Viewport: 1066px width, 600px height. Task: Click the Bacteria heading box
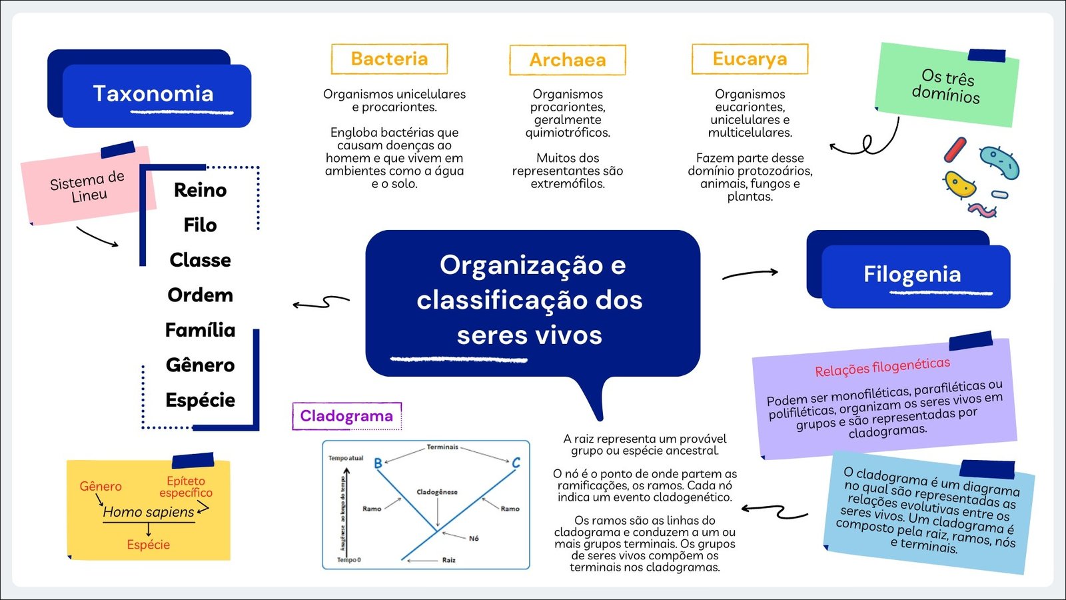point(389,59)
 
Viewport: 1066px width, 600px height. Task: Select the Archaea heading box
point(568,60)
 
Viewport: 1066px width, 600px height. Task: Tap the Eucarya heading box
point(750,59)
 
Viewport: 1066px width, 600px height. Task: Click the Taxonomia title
point(153,94)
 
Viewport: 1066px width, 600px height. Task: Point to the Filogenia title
point(912,274)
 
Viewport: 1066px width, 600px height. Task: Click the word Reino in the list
point(200,190)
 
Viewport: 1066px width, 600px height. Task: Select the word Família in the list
point(200,330)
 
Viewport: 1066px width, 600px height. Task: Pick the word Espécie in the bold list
point(200,400)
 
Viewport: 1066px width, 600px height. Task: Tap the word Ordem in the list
point(200,295)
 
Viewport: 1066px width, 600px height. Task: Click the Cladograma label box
point(346,416)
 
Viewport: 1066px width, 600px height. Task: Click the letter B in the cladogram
point(378,463)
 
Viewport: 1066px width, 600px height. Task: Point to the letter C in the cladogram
point(516,462)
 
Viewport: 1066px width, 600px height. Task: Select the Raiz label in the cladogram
point(448,560)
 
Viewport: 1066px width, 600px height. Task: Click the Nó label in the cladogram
point(474,538)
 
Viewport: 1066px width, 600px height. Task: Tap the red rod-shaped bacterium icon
point(955,150)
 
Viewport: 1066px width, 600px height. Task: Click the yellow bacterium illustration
point(960,185)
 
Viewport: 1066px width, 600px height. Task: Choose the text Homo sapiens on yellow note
point(149,512)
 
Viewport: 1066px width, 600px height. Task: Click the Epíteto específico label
point(186,487)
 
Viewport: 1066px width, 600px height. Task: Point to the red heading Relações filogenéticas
point(882,367)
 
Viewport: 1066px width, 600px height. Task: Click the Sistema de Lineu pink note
point(87,186)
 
